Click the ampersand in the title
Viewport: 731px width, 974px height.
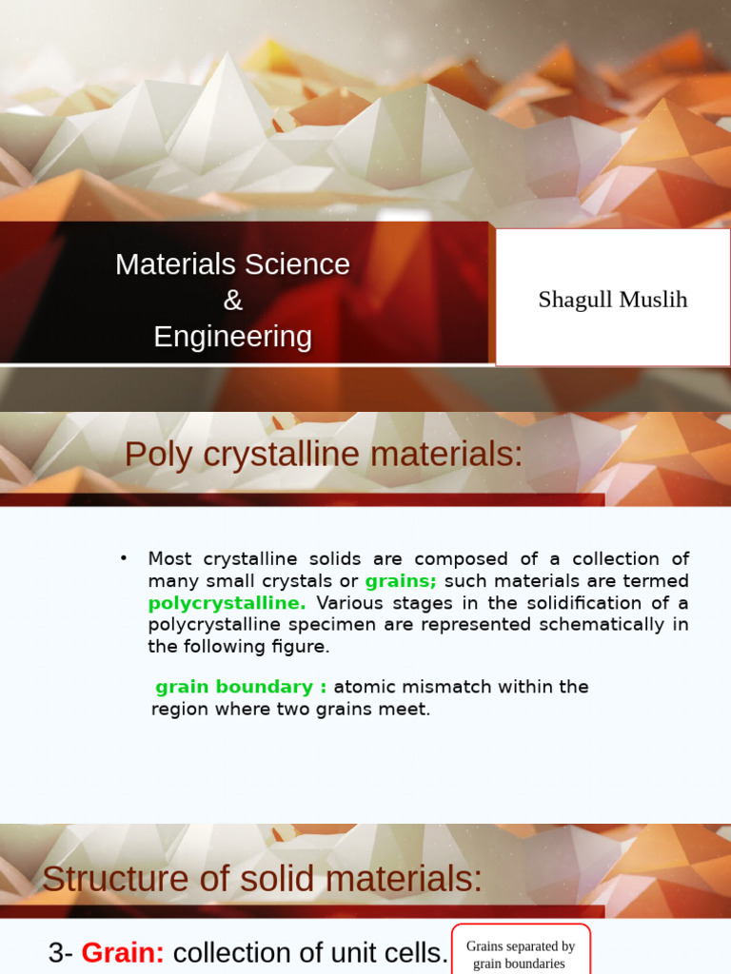(x=233, y=301)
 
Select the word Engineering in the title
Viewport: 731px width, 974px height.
(x=233, y=337)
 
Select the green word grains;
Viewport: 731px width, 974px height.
(x=401, y=580)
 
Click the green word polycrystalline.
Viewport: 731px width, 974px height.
(x=227, y=602)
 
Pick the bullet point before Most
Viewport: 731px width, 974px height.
(x=124, y=557)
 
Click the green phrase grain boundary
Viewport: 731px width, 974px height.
(x=234, y=687)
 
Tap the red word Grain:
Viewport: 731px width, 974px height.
(x=123, y=952)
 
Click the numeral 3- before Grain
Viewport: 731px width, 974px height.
(x=60, y=952)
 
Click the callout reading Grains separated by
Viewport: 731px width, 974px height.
(x=520, y=946)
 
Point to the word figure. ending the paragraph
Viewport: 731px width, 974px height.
(x=301, y=646)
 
